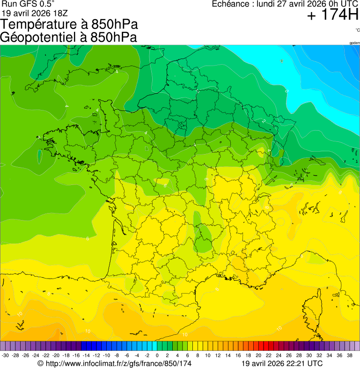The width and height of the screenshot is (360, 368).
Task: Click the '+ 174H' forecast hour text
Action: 332,15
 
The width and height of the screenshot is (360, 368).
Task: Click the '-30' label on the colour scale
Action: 6,355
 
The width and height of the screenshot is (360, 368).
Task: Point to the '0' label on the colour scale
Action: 157,355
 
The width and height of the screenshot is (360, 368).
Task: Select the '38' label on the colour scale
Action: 350,355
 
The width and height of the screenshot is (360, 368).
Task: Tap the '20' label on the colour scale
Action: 258,355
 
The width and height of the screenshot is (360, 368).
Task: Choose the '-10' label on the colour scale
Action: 106,355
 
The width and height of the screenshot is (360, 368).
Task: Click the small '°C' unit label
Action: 357,30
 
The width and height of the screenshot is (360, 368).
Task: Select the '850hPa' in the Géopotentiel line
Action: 114,37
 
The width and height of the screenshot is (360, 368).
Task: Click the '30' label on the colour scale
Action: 309,355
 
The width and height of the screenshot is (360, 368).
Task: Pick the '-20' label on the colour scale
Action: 56,355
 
